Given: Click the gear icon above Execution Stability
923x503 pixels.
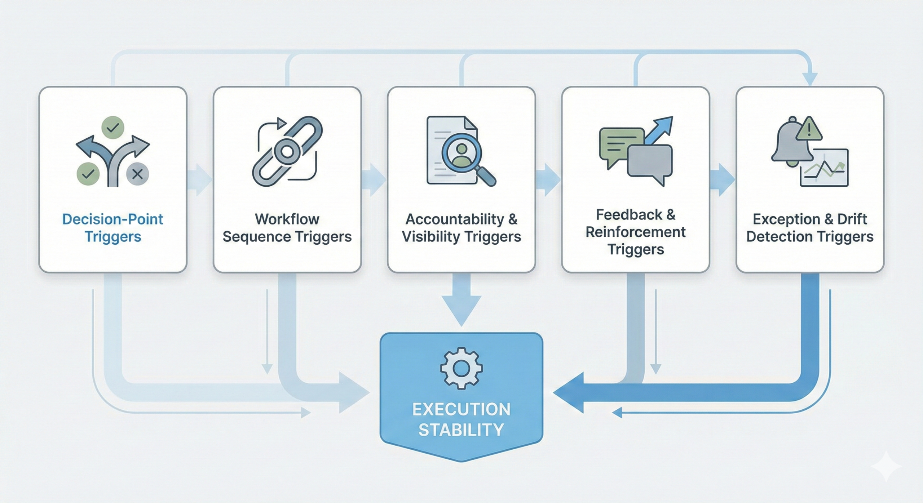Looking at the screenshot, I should (461, 368).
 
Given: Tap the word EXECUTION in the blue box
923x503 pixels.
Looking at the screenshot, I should (461, 409).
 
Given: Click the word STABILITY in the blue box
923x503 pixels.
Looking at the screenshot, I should (461, 430).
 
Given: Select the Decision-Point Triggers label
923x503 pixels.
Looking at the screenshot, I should (112, 228).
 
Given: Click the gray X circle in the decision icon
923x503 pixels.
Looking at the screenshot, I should (137, 174).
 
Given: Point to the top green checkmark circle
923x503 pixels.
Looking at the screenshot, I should (113, 127).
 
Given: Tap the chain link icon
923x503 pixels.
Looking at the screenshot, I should (287, 151).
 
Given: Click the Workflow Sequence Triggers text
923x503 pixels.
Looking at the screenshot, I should (287, 228).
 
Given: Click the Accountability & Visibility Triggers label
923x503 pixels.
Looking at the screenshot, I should (461, 228).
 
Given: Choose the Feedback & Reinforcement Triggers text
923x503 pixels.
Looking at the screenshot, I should (635, 232).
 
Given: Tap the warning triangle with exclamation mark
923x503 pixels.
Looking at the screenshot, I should (809, 129).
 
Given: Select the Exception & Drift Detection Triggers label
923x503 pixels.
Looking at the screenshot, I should (810, 228).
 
